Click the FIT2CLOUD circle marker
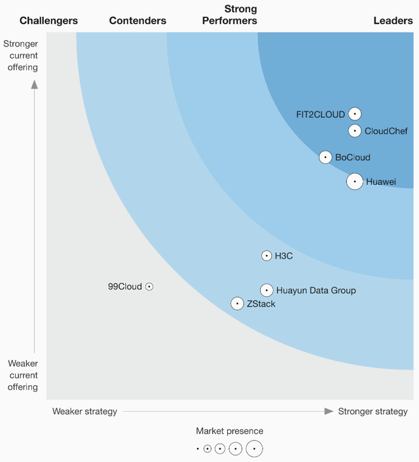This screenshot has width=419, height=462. click(355, 114)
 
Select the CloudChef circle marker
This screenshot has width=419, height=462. click(354, 131)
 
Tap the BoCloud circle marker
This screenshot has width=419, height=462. click(325, 157)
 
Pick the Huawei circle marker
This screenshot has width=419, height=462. click(354, 182)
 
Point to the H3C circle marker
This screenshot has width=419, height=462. click(266, 256)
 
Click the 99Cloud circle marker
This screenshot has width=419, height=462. click(149, 286)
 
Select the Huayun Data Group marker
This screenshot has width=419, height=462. click(266, 290)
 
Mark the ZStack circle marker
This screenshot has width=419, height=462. click(237, 303)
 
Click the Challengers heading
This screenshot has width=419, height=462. click(48, 21)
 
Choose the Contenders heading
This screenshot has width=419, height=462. click(138, 21)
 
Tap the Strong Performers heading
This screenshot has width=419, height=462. click(240, 15)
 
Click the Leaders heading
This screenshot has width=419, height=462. click(393, 21)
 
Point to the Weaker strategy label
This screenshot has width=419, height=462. click(84, 412)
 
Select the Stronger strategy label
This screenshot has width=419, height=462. click(373, 412)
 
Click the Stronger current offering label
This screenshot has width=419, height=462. click(21, 56)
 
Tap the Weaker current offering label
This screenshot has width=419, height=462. click(23, 375)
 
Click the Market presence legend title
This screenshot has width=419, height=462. click(229, 431)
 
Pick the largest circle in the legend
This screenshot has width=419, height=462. click(254, 449)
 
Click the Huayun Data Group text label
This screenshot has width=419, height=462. click(316, 290)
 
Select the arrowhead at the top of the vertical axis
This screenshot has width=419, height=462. click(35, 83)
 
